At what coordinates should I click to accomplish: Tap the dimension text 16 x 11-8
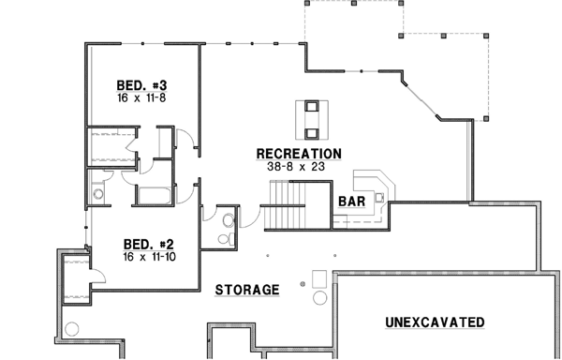point(141,97)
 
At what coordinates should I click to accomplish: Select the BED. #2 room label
point(142,241)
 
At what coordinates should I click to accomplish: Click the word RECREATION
point(299,153)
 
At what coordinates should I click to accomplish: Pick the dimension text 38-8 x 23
point(299,165)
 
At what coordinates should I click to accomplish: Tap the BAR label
point(351,202)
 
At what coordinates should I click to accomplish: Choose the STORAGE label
point(247,290)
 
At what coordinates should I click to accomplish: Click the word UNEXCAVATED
point(435,322)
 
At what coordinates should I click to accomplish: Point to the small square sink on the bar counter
point(378,197)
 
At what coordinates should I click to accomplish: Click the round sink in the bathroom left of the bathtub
point(98,195)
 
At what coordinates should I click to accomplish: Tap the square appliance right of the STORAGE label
point(320,277)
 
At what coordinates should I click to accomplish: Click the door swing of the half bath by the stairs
point(248,217)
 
